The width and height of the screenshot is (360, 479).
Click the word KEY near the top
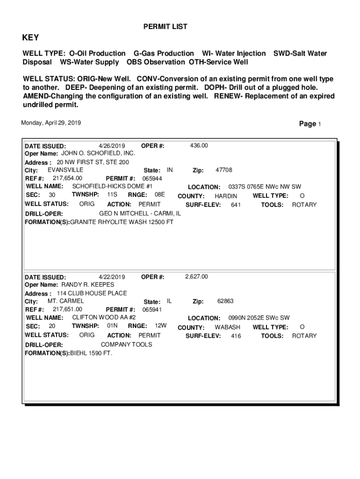(31, 38)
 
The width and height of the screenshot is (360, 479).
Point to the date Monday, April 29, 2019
(51, 123)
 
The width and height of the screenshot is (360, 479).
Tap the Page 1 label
(310, 124)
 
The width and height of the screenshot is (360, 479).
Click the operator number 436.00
(199, 146)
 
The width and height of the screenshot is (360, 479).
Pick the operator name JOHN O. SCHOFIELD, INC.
(98, 153)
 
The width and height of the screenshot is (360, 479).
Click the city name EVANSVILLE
(65, 170)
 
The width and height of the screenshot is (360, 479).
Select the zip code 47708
(223, 170)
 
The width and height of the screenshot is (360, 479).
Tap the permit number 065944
(152, 179)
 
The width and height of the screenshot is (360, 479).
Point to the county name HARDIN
(226, 196)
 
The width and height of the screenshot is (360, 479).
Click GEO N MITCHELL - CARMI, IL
(140, 213)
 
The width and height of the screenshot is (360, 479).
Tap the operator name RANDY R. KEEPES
(88, 284)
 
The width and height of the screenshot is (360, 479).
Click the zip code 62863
(225, 301)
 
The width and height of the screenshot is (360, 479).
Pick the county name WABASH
(227, 327)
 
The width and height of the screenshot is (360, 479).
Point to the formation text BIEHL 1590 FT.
(91, 353)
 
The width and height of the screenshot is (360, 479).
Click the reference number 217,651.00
(68, 309)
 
